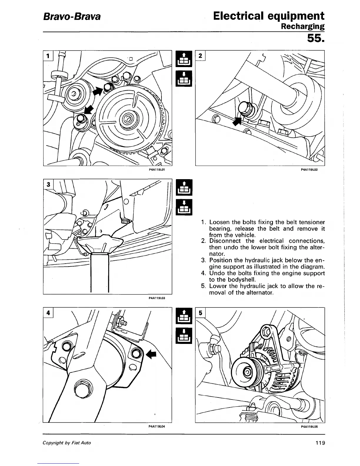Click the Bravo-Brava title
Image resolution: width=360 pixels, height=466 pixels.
pyautogui.click(x=72, y=16)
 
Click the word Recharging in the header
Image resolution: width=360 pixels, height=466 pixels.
pyautogui.click(x=303, y=26)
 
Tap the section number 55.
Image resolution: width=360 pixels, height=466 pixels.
pyautogui.click(x=316, y=38)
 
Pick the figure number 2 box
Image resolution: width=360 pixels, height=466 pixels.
pyautogui.click(x=200, y=56)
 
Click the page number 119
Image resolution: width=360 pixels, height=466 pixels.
pyautogui.click(x=319, y=443)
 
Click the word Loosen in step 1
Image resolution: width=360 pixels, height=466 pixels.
pyautogui.click(x=219, y=222)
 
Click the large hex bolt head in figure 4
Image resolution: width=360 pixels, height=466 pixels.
pyautogui.click(x=80, y=390)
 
